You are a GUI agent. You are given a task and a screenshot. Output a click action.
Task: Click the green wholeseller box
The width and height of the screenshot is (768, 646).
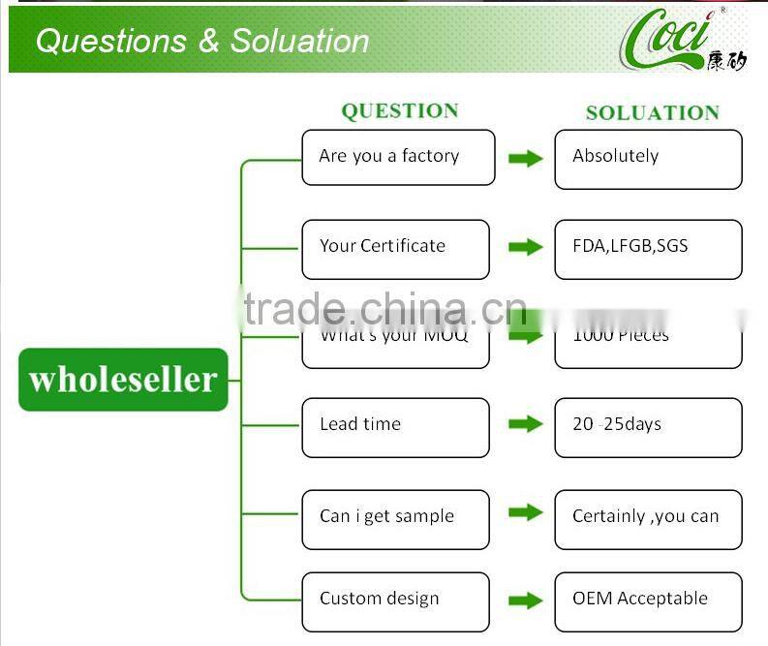coord(123,380)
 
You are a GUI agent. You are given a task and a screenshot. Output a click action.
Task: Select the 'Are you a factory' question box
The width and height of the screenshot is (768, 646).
coord(398,157)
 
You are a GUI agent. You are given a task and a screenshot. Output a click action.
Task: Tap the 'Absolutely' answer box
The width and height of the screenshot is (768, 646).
coord(648,159)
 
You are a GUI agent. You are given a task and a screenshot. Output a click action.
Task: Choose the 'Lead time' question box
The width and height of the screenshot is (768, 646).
coord(395,427)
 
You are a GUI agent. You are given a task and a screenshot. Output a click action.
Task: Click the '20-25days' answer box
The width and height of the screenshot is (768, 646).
coord(648,427)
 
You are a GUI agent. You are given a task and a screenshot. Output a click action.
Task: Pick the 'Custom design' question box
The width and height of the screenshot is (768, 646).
coord(395,601)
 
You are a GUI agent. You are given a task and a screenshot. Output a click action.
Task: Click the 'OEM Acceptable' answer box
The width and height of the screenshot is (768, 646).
coord(648,601)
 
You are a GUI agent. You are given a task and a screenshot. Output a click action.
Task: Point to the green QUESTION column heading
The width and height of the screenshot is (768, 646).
coord(400,111)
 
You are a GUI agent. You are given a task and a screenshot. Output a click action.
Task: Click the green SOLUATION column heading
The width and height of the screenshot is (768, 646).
coord(652,113)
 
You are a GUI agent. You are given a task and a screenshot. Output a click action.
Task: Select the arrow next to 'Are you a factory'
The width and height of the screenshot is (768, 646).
coord(525,158)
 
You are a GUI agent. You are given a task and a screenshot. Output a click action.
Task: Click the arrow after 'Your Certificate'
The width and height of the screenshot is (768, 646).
coord(525,247)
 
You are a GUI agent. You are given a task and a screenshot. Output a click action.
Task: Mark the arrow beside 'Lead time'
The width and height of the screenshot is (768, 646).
coord(525,424)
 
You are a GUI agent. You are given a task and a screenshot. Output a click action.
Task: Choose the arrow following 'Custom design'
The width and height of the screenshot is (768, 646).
coord(525,600)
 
